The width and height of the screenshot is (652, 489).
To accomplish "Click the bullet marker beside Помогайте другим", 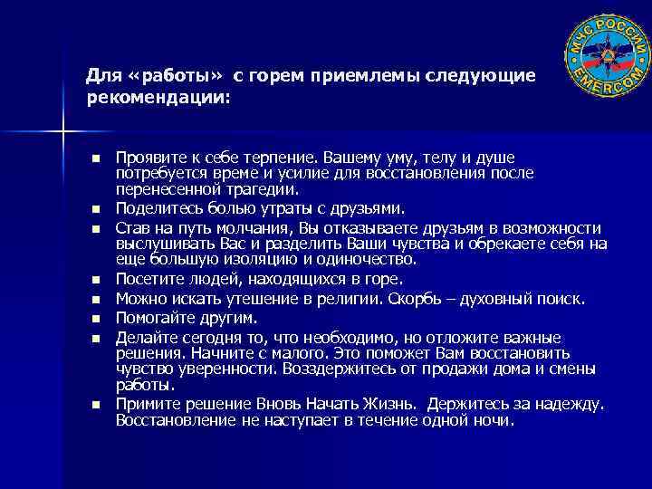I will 95,318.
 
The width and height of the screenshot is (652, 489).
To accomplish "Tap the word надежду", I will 572,404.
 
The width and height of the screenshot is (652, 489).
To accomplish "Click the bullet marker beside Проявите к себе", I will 95,158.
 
